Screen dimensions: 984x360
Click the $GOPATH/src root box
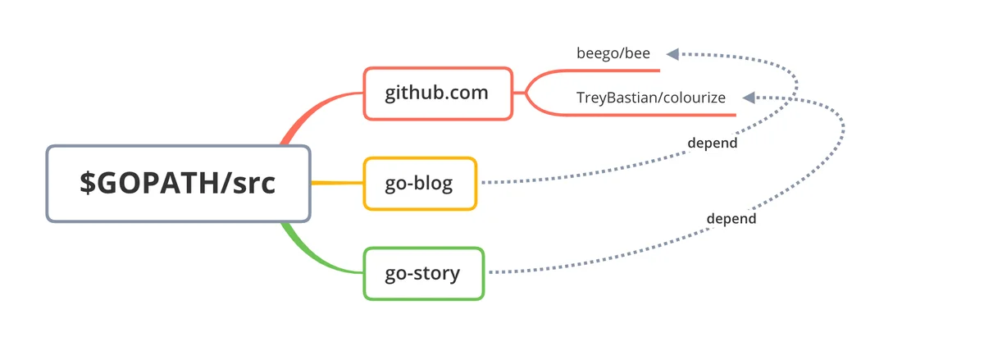point(179,184)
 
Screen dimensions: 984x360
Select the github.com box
point(438,93)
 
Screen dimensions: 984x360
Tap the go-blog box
point(420,184)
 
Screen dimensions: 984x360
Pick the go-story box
point(424,273)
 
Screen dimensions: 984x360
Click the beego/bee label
point(613,53)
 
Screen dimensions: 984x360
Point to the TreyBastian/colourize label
point(650,98)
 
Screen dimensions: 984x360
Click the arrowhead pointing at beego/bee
point(672,54)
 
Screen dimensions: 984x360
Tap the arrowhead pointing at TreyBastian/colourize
point(749,98)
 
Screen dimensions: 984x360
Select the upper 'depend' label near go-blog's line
point(712,143)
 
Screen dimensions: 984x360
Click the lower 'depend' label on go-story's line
point(731,218)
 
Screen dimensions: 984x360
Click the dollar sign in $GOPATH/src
point(88,183)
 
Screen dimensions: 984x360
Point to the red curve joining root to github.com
point(314,107)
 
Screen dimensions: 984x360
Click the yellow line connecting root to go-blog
point(337,182)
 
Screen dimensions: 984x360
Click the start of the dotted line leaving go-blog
point(483,182)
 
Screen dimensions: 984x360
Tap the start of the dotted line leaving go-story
point(491,272)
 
